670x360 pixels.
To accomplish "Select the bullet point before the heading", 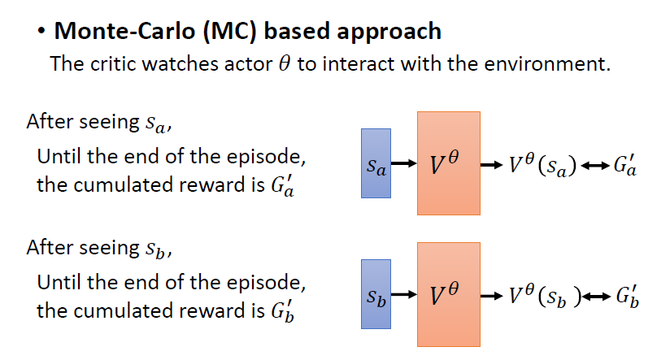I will pos(41,32).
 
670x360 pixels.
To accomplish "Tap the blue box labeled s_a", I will pos(376,167).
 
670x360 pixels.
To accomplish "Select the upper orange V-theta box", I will pos(449,163).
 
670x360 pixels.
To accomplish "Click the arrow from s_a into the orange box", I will pos(404,167).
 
